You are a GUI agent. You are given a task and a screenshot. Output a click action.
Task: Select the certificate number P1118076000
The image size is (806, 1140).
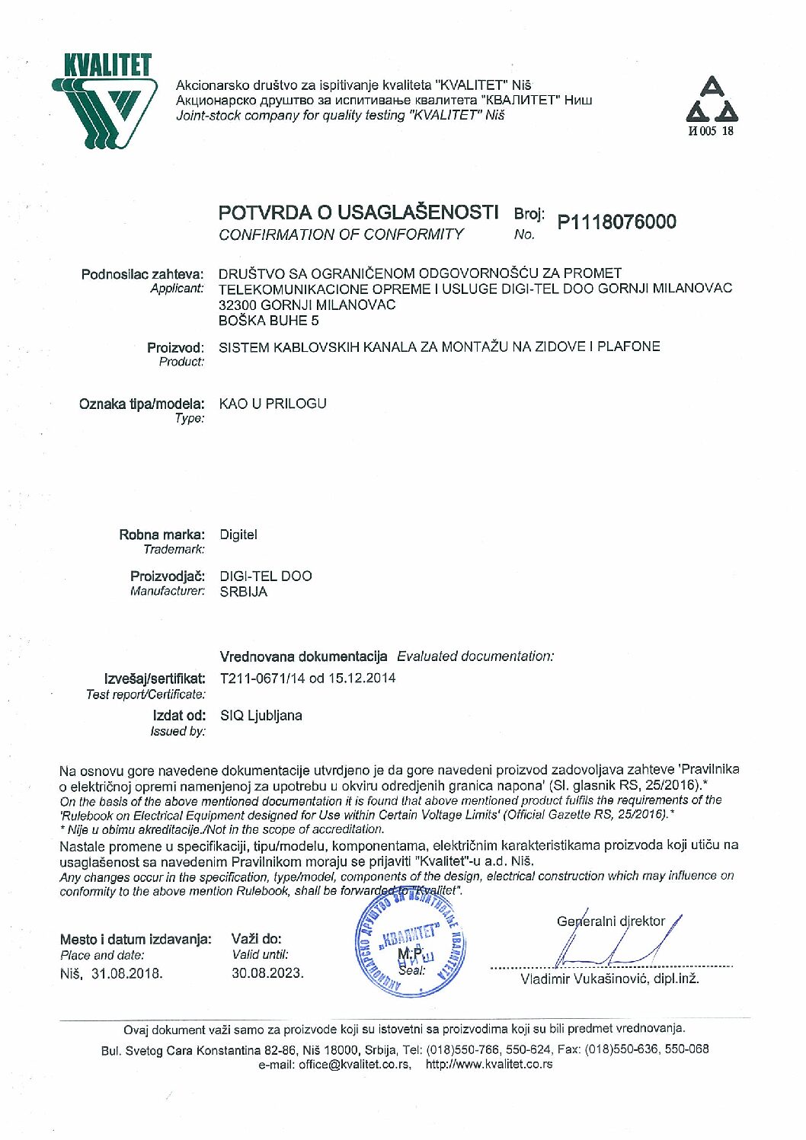pyautogui.click(x=616, y=222)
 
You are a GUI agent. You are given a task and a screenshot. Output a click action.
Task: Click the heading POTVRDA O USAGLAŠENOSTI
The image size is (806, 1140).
pyautogui.click(x=358, y=212)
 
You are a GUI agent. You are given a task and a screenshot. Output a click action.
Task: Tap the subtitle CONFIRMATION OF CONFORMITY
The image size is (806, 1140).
pyautogui.click(x=341, y=235)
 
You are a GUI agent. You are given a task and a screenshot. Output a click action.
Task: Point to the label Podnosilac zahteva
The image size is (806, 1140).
pyautogui.click(x=142, y=273)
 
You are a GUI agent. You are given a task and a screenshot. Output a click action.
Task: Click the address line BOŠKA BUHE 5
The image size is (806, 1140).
pyautogui.click(x=264, y=321)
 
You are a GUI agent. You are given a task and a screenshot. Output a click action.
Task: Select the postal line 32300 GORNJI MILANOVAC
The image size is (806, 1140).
pyautogui.click(x=307, y=305)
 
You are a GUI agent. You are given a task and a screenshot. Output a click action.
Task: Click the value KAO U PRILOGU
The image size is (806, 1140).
pyautogui.click(x=273, y=404)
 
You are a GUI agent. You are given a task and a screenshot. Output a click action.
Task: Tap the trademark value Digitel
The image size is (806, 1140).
pyautogui.click(x=238, y=535)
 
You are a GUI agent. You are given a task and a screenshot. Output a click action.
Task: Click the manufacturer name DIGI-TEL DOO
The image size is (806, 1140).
pyautogui.click(x=266, y=576)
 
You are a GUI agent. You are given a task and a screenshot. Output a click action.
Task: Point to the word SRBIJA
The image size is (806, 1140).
pyautogui.click(x=244, y=592)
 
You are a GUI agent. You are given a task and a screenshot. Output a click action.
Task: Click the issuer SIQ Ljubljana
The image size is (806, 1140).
pyautogui.click(x=261, y=716)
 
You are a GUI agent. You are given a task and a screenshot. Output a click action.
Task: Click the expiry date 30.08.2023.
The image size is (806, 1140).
pyautogui.click(x=267, y=973)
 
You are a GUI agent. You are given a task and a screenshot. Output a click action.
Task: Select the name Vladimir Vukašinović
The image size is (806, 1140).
pyautogui.click(x=584, y=979)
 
